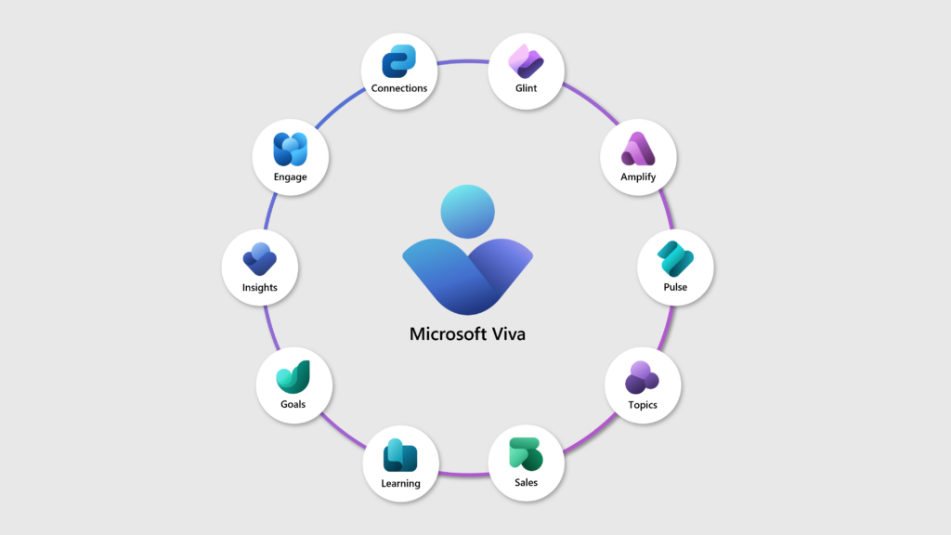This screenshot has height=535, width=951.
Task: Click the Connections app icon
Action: [x=398, y=61]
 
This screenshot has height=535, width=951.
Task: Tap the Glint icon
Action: [x=526, y=61]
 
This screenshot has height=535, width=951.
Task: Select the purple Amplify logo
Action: [x=638, y=149]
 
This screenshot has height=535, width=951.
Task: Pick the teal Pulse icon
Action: [x=675, y=259]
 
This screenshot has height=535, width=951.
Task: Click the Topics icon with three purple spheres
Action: [x=642, y=377]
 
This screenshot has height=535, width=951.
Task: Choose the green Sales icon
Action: [x=526, y=454]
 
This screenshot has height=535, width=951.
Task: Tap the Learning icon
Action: [x=400, y=455]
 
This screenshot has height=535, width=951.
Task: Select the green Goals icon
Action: [x=293, y=377]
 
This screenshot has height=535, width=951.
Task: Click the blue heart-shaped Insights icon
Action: [x=260, y=259]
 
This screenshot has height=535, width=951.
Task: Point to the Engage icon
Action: [x=290, y=150]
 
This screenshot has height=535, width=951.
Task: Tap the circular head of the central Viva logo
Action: [x=468, y=212]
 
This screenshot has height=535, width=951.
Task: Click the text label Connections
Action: [x=399, y=88]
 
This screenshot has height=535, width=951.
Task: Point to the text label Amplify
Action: [x=638, y=176]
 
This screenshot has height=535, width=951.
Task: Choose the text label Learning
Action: [x=400, y=483]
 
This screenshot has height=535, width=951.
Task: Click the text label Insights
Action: [x=260, y=288]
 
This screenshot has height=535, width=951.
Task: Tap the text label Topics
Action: [x=643, y=405]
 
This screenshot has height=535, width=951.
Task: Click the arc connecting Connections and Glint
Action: [x=462, y=61]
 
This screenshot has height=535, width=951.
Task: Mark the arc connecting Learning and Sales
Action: [x=463, y=474]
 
